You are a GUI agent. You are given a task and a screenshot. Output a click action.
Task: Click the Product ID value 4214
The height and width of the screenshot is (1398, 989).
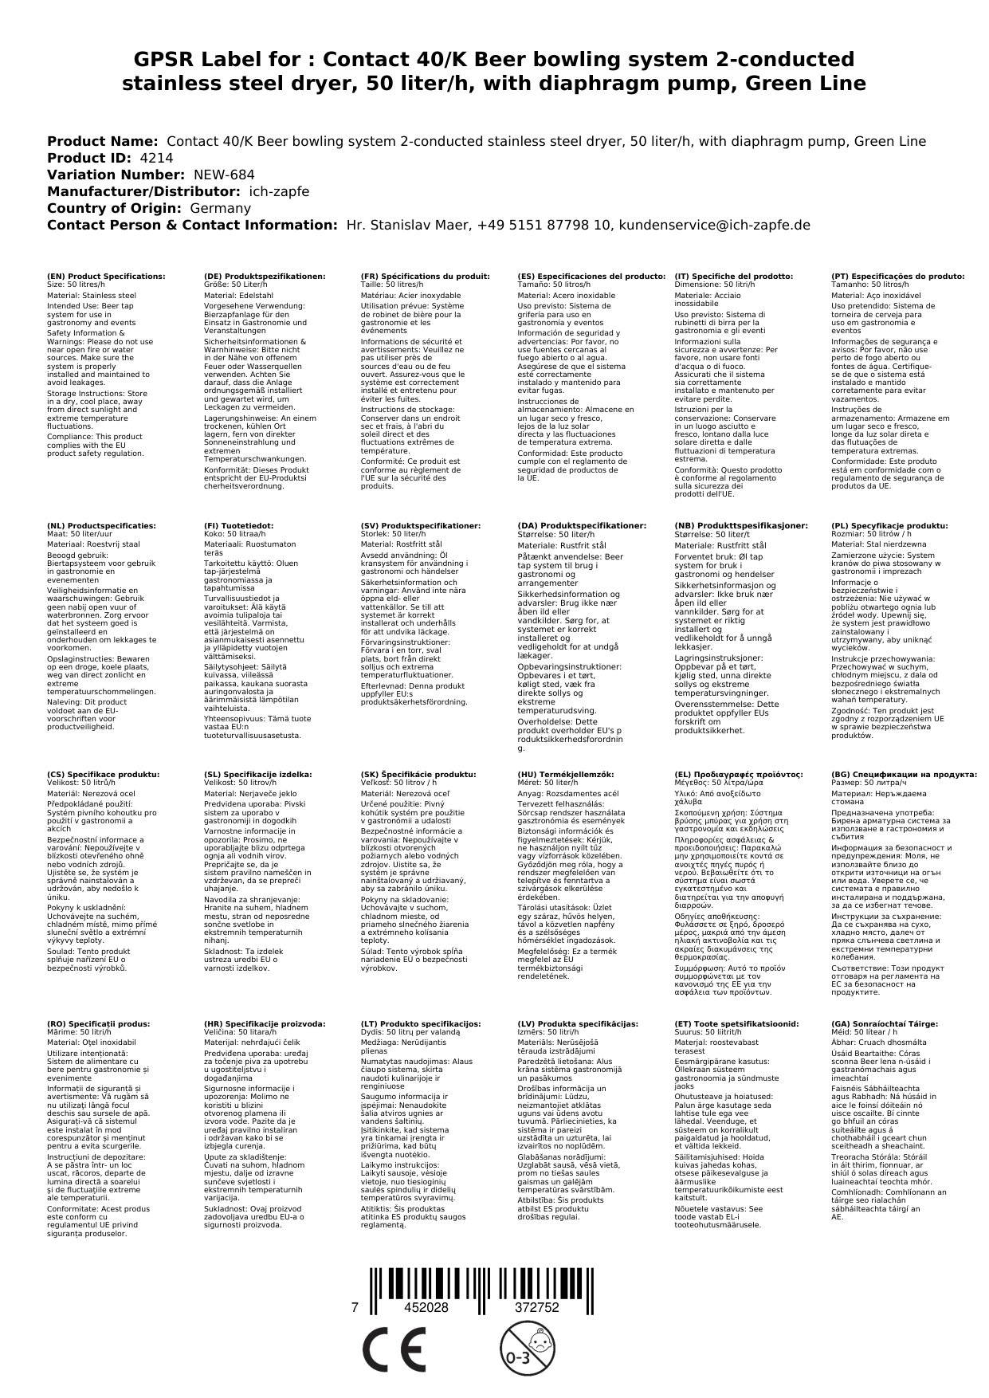click(156, 158)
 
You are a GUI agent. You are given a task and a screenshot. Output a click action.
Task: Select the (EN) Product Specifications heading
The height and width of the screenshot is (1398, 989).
click(106, 276)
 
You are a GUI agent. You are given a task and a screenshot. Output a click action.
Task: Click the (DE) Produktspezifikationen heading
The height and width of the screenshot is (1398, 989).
click(265, 276)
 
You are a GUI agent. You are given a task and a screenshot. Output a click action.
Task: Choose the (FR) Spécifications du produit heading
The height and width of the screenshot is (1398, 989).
click(425, 276)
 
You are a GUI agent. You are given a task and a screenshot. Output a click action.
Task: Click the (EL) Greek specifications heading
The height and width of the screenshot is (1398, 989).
click(739, 774)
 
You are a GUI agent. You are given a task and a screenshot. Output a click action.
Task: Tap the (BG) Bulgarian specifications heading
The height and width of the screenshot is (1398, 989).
click(904, 774)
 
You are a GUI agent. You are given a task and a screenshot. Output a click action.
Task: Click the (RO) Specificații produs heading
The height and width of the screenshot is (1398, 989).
click(98, 1023)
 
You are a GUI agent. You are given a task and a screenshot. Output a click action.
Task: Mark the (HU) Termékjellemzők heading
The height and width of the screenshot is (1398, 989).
click(565, 774)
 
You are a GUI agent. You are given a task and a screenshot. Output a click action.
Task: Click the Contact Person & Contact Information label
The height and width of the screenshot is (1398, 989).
click(192, 225)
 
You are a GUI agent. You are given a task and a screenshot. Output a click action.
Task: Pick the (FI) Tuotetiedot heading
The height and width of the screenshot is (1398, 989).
click(238, 525)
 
